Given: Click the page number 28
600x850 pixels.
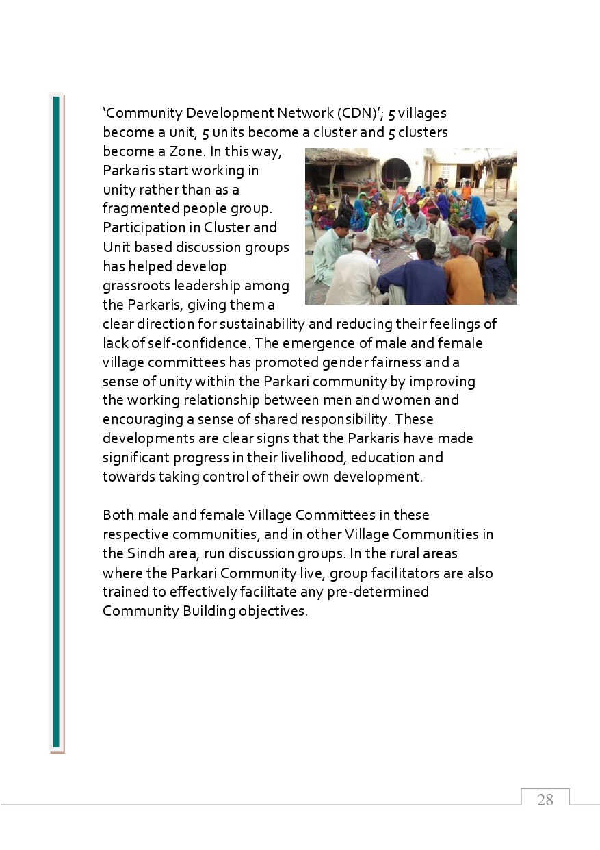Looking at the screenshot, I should (x=545, y=800).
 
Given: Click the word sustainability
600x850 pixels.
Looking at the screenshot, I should (x=291, y=324).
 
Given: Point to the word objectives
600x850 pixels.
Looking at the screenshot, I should (x=273, y=611).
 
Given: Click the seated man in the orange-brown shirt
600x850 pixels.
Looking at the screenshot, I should (x=463, y=274).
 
